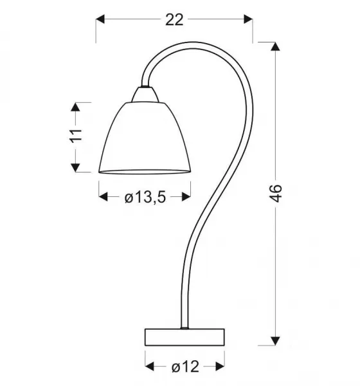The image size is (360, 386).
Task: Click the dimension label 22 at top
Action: click(x=174, y=20)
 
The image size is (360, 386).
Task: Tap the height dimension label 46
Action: click(x=276, y=193)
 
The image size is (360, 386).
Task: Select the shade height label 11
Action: click(x=76, y=135)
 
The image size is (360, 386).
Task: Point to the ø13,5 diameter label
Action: click(x=145, y=198)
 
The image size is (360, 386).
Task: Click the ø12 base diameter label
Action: click(x=185, y=367)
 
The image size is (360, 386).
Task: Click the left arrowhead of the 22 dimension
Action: click(x=100, y=19)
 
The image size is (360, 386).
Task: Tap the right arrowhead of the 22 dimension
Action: click(x=248, y=19)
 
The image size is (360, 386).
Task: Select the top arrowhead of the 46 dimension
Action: click(x=275, y=46)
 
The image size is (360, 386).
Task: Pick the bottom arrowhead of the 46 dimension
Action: click(x=275, y=341)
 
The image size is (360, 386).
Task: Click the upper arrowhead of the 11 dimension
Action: click(x=76, y=107)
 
